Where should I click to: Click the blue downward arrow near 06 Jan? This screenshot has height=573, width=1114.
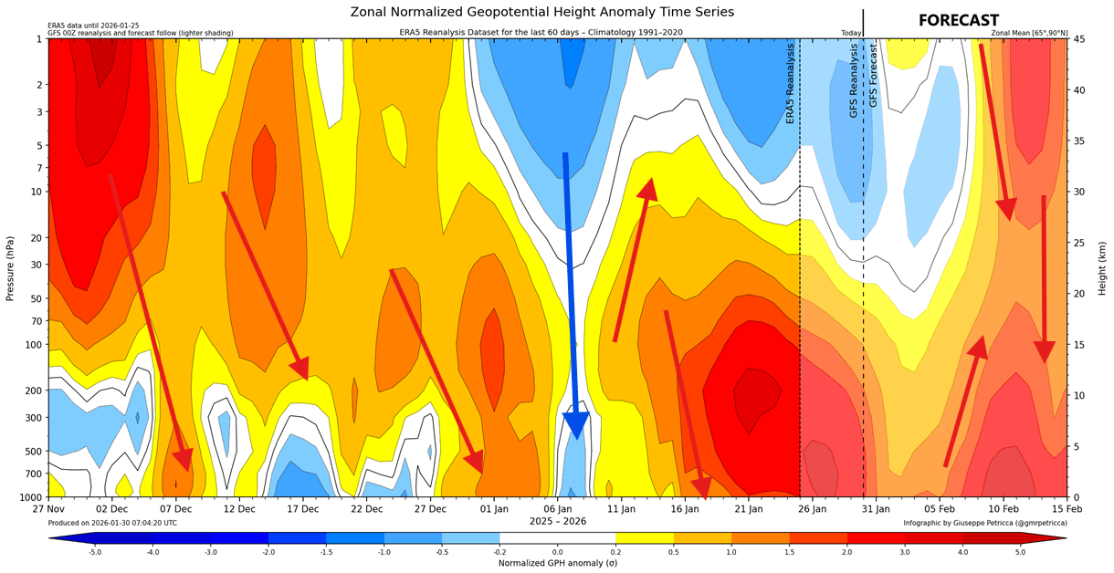click(x=572, y=292)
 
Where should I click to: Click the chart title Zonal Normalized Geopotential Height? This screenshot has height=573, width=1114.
click(x=541, y=12)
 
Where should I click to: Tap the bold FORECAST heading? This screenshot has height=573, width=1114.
click(x=958, y=20)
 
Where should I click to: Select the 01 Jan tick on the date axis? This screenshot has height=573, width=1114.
click(x=494, y=507)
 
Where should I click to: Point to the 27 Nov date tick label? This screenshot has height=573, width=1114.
click(x=47, y=507)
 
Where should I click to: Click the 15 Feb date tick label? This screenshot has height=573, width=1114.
click(x=1067, y=507)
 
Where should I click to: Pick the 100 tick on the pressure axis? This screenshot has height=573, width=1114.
click(x=35, y=344)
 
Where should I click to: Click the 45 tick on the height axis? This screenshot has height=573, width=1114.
click(x=1078, y=39)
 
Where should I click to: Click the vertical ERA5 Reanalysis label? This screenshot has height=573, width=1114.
click(x=791, y=84)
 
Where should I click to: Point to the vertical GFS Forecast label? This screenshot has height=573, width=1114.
click(x=873, y=75)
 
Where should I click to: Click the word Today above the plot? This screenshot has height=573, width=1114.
click(x=851, y=33)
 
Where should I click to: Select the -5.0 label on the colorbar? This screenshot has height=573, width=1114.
click(x=95, y=552)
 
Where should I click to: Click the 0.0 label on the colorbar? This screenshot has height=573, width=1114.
click(x=557, y=552)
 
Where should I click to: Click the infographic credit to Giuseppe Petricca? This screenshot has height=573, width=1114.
click(x=984, y=523)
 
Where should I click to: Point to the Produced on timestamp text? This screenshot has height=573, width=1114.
click(x=112, y=523)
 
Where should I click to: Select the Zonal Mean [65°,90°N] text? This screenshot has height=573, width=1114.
click(x=1028, y=33)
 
